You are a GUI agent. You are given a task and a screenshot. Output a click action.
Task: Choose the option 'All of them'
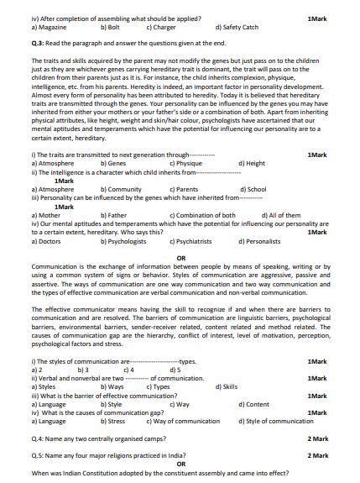point(281,216)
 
